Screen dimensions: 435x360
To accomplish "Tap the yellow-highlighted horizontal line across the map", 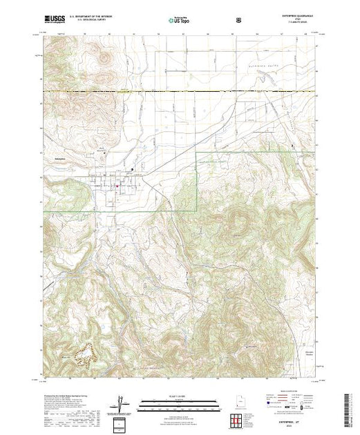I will [180, 91].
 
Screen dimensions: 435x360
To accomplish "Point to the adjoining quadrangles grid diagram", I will [238, 419].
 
